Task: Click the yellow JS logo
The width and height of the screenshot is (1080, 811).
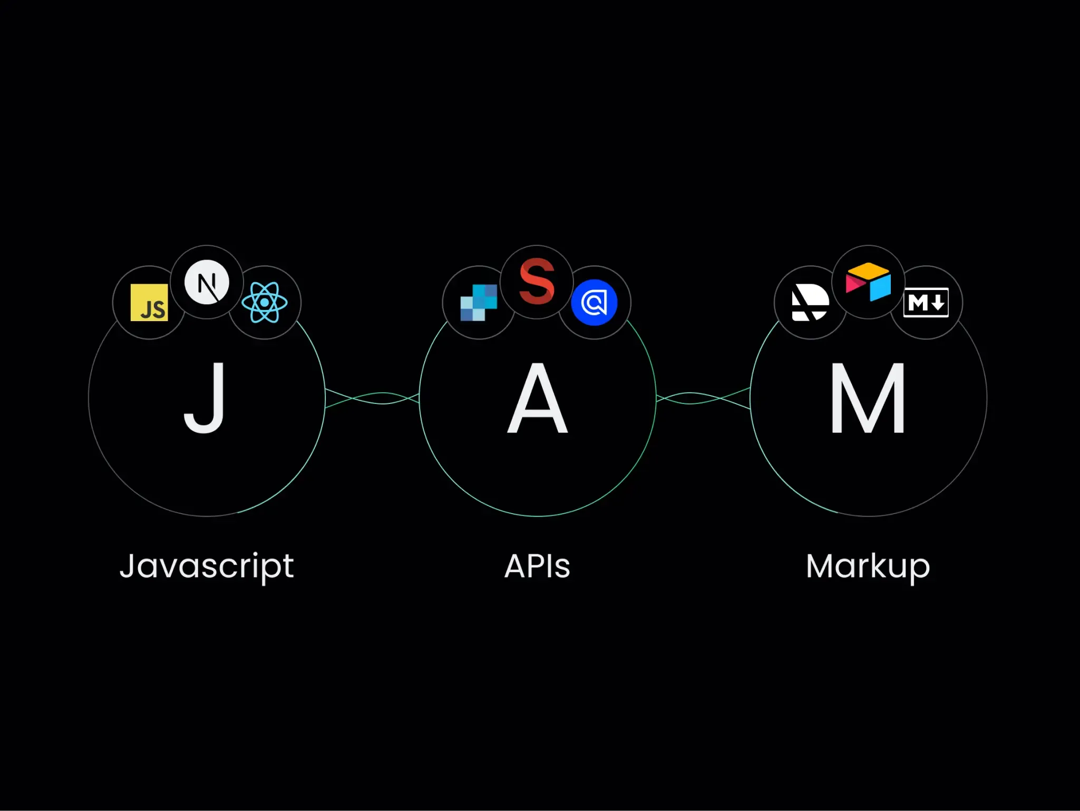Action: [x=149, y=303]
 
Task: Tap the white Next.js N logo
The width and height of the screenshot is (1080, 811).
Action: [x=207, y=282]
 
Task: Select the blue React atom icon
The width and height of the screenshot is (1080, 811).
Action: [x=265, y=302]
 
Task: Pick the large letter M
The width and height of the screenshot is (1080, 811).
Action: [x=868, y=399]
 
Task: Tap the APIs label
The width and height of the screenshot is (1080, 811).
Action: [x=537, y=566]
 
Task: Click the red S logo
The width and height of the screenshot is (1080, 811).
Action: [x=537, y=281]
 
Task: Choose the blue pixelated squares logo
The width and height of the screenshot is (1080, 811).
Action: [x=479, y=303]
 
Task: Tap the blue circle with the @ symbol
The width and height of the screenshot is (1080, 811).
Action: [x=594, y=303]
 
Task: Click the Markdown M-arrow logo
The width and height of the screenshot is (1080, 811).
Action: [x=926, y=303]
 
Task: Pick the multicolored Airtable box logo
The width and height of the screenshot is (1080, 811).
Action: [x=868, y=282]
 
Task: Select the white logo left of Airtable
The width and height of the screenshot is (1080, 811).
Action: [x=810, y=303]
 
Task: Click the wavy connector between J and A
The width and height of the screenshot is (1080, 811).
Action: [x=372, y=398]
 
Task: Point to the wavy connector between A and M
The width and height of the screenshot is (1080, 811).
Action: [x=703, y=398]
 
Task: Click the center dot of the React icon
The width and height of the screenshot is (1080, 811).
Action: [x=265, y=303]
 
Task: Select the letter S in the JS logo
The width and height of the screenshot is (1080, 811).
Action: [x=159, y=310]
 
